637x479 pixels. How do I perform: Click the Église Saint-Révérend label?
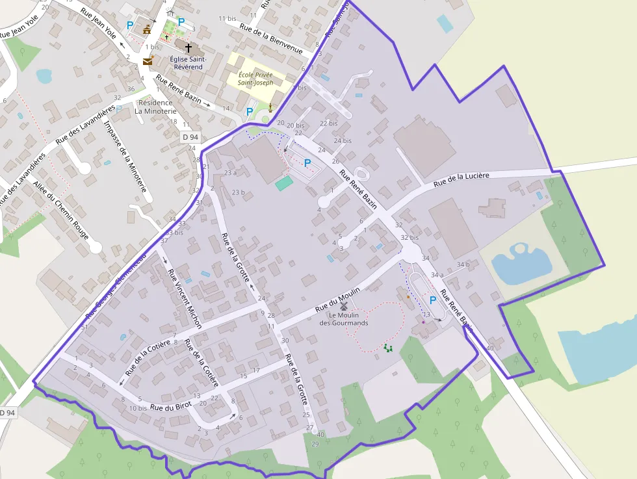(186, 62)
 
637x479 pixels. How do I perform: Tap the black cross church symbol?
(188, 47)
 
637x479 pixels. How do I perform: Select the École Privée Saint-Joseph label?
(255, 79)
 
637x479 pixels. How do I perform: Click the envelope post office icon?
(148, 61)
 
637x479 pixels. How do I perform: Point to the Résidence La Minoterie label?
(155, 107)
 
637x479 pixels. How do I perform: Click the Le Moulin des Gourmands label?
(343, 318)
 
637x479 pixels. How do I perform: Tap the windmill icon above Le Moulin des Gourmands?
(344, 305)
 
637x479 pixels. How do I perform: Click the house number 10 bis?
(138, 408)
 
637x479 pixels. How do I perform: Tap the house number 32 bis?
(409, 238)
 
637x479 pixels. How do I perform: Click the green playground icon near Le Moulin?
(388, 348)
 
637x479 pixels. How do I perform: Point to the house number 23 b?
(239, 192)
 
